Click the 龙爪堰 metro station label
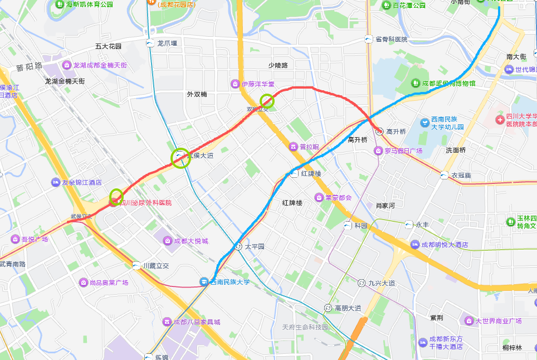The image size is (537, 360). pyautogui.click(x=167, y=43)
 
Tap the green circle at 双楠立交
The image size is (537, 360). pyautogui.click(x=267, y=101)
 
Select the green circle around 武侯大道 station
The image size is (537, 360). pyautogui.click(x=180, y=158)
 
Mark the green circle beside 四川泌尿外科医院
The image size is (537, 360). pyautogui.click(x=116, y=197)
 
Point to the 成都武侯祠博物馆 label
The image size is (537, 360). pyautogui.click(x=448, y=83)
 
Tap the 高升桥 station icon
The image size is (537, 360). pyautogui.click(x=379, y=132)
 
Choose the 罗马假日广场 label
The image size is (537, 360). pyautogui.click(x=403, y=151)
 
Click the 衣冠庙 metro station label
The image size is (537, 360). pyautogui.click(x=461, y=175)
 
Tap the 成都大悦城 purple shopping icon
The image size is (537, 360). pyautogui.click(x=167, y=241)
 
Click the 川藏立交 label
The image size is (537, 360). pyautogui.click(x=156, y=266)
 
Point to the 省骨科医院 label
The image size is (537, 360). pyautogui.click(x=391, y=39)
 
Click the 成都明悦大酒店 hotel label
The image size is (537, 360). pyautogui.click(x=444, y=245)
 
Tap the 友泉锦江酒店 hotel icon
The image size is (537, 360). pyautogui.click(x=56, y=182)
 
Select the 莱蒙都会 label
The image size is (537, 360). pyautogui.click(x=339, y=197)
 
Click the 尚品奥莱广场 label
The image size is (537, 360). pyautogui.click(x=109, y=283)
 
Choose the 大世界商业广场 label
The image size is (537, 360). pyautogui.click(x=497, y=321)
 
